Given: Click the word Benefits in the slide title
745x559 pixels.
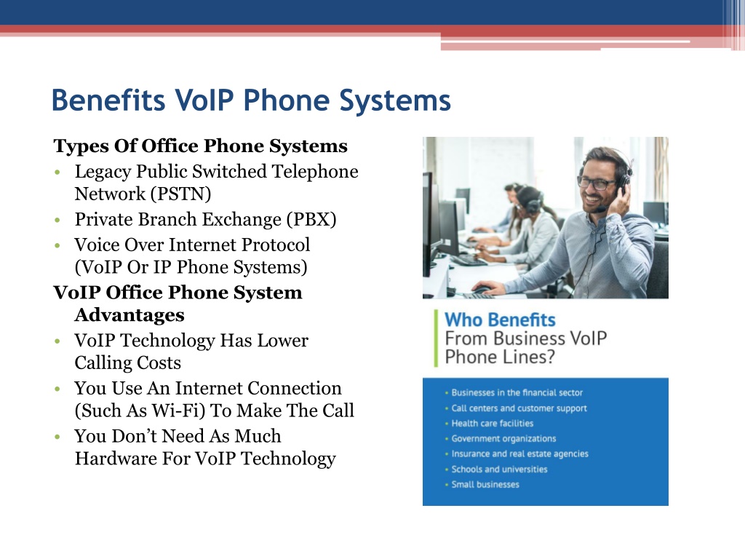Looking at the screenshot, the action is [x=108, y=100].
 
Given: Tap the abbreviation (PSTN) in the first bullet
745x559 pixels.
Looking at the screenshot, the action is [x=180, y=194].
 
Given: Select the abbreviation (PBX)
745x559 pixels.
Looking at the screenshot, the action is [x=311, y=220].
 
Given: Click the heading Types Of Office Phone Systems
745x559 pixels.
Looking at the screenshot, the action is [x=201, y=146].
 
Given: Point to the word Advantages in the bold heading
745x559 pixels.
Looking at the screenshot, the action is [x=130, y=314].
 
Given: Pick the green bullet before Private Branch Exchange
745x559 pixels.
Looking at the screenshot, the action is [x=57, y=220].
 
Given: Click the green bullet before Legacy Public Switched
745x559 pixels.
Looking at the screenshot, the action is [x=57, y=172].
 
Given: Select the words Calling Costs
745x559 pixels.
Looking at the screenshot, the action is [x=128, y=362].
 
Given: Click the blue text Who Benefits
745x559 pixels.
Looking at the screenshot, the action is [x=500, y=320].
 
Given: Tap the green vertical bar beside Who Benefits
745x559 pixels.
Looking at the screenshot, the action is [x=436, y=338].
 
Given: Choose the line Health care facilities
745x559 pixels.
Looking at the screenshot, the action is [x=493, y=423].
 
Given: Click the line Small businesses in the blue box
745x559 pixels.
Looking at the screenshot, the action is [x=485, y=484].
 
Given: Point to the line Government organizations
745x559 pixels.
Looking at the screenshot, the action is [x=503, y=439].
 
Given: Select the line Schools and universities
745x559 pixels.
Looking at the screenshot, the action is [x=499, y=469].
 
